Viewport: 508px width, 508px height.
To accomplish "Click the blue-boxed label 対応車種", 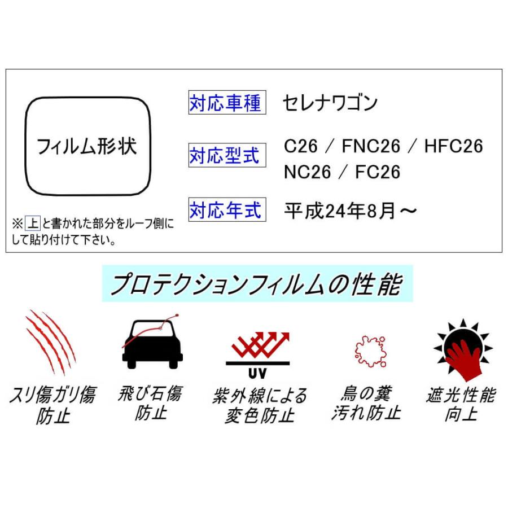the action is click(x=227, y=104).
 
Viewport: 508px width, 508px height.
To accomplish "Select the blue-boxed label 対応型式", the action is click(x=227, y=155).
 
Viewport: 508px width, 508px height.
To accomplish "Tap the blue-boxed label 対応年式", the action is click(x=227, y=210).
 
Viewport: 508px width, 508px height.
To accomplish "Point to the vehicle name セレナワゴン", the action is click(x=330, y=103).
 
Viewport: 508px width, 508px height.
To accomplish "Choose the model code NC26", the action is click(x=308, y=172).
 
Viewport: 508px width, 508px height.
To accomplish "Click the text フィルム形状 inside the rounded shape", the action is click(x=87, y=147).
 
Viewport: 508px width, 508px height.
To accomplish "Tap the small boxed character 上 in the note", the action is click(x=33, y=224).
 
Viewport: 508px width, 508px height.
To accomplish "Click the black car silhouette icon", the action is click(x=152, y=344).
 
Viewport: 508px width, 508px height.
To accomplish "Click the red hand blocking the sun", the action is click(x=463, y=358).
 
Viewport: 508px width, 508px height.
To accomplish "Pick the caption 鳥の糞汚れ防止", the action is click(x=366, y=403).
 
